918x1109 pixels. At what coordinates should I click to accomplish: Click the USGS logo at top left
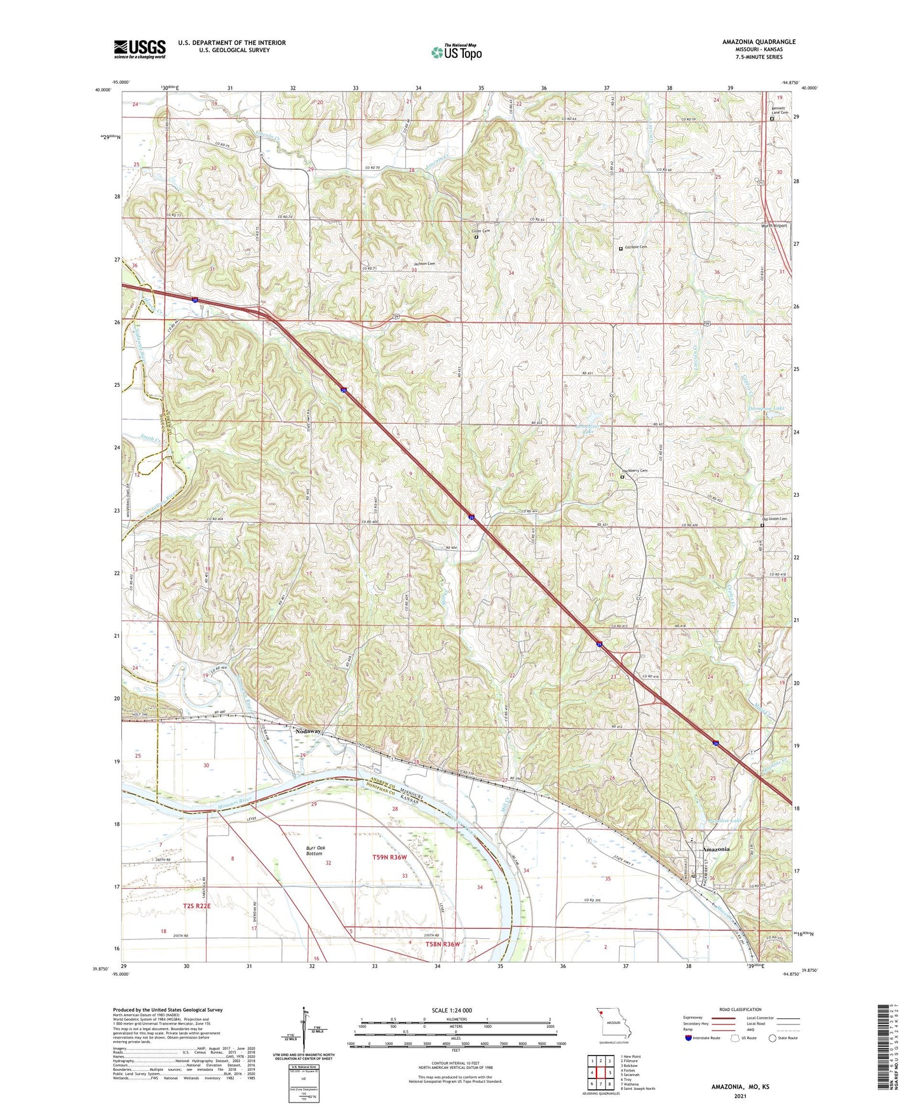coord(139,48)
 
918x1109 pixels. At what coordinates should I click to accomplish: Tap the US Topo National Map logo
coord(456,51)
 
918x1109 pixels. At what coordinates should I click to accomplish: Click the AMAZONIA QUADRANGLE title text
coord(759,42)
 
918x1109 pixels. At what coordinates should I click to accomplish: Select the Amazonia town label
coord(715,849)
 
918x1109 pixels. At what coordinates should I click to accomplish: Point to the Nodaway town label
coord(308,732)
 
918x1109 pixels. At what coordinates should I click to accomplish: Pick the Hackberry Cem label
coord(634,471)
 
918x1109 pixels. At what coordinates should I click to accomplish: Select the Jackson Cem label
coord(424,264)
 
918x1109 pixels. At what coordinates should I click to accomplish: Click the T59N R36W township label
coord(389,857)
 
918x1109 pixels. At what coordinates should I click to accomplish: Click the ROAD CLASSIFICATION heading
coord(741,1009)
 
